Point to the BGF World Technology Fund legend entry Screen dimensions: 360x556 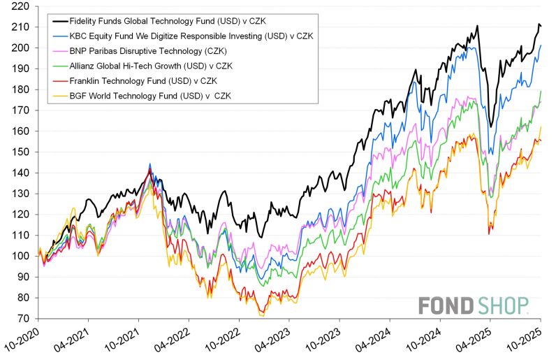(x=149, y=97)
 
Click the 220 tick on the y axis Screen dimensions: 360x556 (x=22, y=6)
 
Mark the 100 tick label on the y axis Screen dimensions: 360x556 (x=22, y=256)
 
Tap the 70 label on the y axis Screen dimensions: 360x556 (x=24, y=319)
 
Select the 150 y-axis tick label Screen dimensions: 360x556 (x=22, y=152)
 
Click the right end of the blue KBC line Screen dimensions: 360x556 (x=541, y=45)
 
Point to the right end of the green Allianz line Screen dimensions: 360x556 (x=541, y=92)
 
